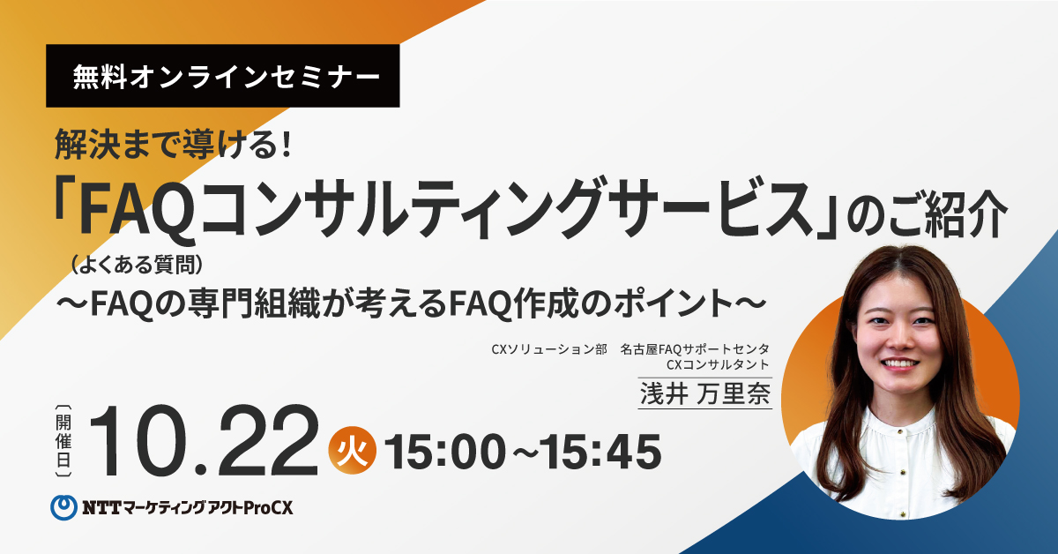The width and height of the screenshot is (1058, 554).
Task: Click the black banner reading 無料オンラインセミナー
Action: pyautogui.click(x=222, y=76)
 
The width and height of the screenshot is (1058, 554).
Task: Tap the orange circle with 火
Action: pyautogui.click(x=353, y=451)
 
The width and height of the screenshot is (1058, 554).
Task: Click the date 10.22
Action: pyautogui.click(x=204, y=440)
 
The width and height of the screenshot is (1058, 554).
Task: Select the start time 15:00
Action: pyautogui.click(x=445, y=453)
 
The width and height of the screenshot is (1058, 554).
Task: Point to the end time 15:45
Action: pyautogui.click(x=600, y=453)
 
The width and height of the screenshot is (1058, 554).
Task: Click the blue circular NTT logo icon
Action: pyautogui.click(x=63, y=507)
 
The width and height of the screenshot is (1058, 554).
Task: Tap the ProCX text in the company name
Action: pyautogui.click(x=268, y=508)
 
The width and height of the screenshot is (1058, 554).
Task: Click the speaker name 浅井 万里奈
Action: pyautogui.click(x=705, y=393)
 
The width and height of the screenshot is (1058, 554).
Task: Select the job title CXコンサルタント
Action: pyautogui.click(x=718, y=365)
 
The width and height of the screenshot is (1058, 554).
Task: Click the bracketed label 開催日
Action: pyautogui.click(x=63, y=441)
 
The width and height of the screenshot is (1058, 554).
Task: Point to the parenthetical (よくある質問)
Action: pyautogui.click(x=137, y=265)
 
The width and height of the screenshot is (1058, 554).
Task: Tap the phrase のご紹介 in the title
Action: pyautogui.click(x=927, y=213)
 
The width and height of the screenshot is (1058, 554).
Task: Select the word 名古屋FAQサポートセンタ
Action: pyautogui.click(x=695, y=349)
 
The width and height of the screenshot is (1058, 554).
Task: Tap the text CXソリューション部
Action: pyautogui.click(x=549, y=349)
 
